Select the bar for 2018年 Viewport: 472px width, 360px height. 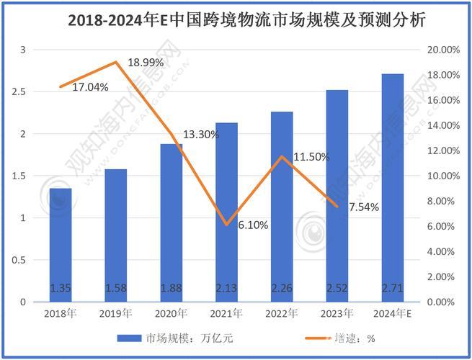pyautogui.click(x=61, y=245)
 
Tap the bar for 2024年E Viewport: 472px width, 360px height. pyautogui.click(x=392, y=187)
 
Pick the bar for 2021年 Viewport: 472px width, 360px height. pyautogui.click(x=226, y=212)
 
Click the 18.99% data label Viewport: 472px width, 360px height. pyautogui.click(x=146, y=63)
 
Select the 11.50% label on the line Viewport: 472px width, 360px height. pyautogui.click(x=311, y=157)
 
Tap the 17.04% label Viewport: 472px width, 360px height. pyautogui.click(x=90, y=87)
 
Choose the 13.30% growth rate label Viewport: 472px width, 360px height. pyautogui.click(x=201, y=134)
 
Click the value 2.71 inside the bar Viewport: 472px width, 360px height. pyautogui.click(x=392, y=289)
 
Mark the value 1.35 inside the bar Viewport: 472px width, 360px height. pyautogui.click(x=61, y=289)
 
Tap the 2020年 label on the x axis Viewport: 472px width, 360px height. pyautogui.click(x=171, y=313)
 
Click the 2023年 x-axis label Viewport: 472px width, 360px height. pyautogui.click(x=337, y=313)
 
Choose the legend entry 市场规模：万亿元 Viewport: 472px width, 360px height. pyautogui.click(x=179, y=337)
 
